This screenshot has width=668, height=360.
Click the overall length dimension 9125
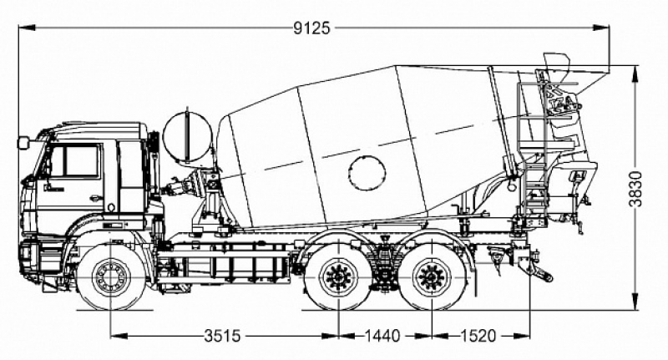pyautogui.click(x=311, y=27)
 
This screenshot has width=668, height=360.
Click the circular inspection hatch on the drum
pyautogui.click(x=367, y=171)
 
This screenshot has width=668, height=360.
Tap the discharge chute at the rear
pyautogui.click(x=576, y=180)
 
